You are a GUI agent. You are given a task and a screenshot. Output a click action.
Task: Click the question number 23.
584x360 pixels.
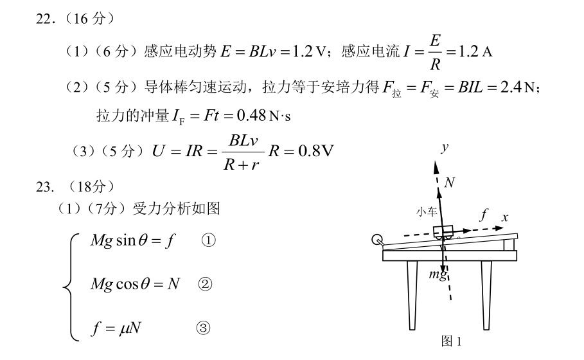point(46,186)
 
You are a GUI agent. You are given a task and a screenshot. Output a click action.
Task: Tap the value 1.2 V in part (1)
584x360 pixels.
point(309,51)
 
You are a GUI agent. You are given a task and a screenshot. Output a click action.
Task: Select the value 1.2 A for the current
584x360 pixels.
point(475,51)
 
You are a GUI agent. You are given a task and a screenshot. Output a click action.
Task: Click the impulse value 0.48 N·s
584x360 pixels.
point(263,116)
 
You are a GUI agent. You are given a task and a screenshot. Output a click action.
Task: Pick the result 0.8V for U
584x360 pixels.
point(316,151)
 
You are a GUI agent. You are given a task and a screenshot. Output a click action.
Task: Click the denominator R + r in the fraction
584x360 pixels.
point(241,165)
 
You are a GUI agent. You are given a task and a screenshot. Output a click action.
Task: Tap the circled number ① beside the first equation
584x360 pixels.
point(208,240)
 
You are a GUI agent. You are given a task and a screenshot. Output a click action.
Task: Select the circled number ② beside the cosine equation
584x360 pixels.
point(205,284)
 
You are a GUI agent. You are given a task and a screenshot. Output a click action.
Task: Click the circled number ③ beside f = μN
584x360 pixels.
point(203,328)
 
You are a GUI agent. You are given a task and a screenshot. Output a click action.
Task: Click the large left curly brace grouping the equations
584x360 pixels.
point(71,287)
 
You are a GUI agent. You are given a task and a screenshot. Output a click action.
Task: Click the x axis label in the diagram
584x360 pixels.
point(505,217)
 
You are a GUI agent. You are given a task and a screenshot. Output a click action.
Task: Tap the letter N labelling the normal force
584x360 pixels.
point(450,182)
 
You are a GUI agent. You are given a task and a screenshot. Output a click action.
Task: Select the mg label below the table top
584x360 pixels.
point(438,274)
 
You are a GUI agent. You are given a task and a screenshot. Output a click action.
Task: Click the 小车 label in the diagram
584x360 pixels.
point(427,212)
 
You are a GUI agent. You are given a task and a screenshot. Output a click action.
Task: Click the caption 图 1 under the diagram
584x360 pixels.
point(451,341)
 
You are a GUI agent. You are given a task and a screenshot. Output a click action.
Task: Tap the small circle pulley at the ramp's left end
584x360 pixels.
point(377,239)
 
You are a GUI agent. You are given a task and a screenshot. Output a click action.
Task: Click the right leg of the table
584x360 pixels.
point(486,295)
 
